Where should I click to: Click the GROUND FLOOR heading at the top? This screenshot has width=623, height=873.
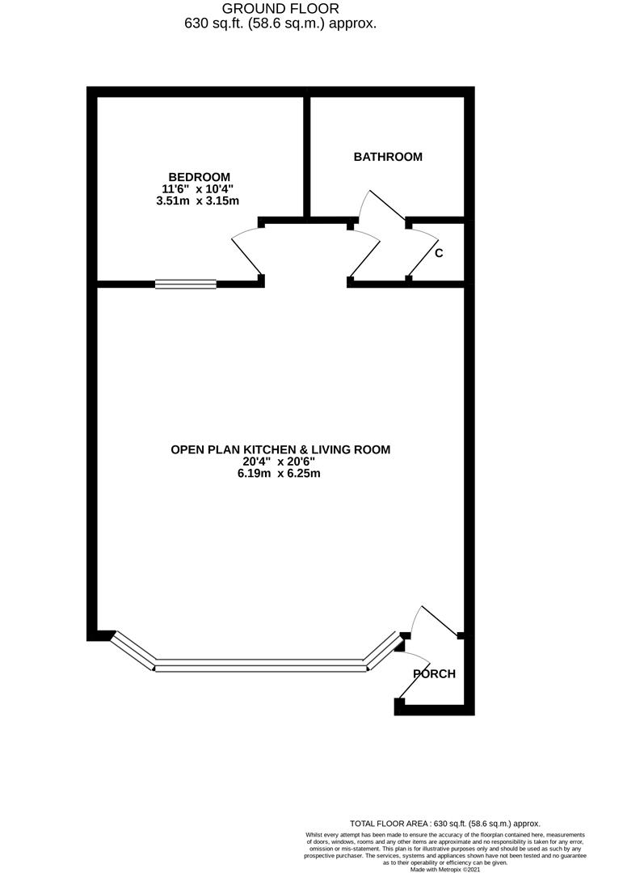tap(280, 8)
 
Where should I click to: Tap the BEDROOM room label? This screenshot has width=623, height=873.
tap(199, 177)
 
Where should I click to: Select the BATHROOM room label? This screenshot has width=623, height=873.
tap(388, 157)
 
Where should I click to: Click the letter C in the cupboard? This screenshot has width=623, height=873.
tap(439, 253)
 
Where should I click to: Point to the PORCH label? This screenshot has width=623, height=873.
tap(435, 673)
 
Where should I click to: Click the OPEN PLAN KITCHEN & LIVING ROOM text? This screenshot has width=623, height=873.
tap(280, 449)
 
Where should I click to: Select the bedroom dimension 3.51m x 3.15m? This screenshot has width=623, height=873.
tap(198, 200)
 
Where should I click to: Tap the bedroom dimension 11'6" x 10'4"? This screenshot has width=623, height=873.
tap(199, 189)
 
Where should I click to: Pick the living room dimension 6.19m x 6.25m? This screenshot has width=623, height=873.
tap(280, 474)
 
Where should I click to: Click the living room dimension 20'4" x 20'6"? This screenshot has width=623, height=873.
tap(280, 462)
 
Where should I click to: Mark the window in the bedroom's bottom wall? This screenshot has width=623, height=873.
tap(186, 284)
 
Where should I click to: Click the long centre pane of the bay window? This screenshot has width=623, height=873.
tap(259, 667)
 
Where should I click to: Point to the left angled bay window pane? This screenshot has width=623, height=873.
tap(133, 651)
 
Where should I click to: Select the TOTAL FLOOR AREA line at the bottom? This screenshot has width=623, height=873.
tap(444, 823)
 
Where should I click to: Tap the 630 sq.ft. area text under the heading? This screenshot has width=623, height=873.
tap(280, 23)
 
